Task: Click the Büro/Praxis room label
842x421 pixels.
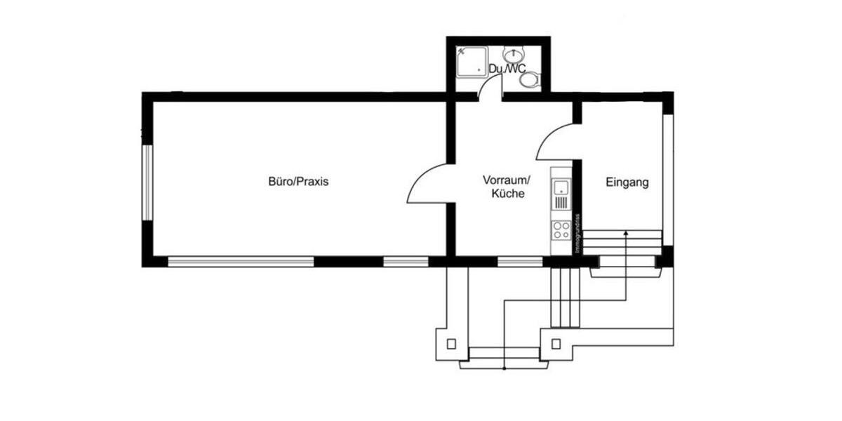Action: [298, 182]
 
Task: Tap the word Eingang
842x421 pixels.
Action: [627, 182]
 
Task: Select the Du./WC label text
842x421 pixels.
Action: [507, 69]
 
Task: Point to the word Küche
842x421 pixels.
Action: [508, 194]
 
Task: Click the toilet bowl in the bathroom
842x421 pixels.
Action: [530, 79]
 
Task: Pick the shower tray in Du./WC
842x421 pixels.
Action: [471, 62]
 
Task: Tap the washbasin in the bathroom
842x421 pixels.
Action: [515, 53]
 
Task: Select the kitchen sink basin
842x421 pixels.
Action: [561, 187]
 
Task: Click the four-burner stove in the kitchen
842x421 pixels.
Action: [561, 230]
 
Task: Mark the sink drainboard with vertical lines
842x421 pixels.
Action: [561, 203]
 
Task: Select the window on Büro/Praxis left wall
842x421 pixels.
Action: [147, 182]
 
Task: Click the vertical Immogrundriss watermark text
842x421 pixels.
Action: [577, 233]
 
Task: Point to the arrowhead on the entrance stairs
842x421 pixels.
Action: [625, 232]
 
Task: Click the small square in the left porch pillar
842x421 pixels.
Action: [451, 344]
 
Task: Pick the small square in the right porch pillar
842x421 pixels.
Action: [556, 344]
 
